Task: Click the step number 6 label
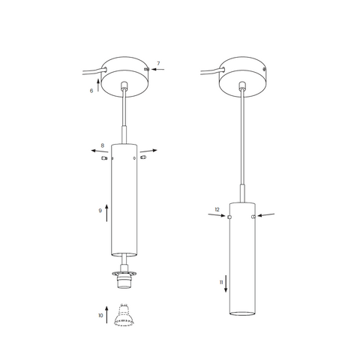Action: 91,91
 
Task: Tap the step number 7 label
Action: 158,64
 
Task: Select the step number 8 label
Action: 103,145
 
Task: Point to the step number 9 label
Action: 100,211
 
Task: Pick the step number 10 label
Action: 100,316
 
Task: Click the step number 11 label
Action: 221,283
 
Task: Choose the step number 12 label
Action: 217,209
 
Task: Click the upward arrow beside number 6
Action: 98,85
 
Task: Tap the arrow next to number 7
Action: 158,69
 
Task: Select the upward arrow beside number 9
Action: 106,213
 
